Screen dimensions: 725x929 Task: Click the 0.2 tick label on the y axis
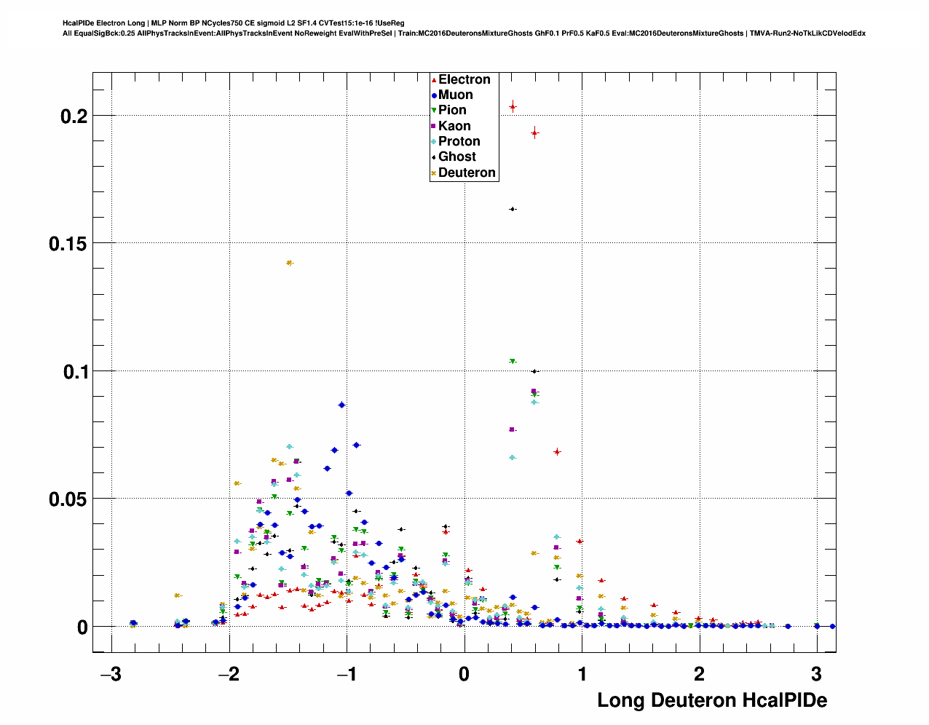(74, 116)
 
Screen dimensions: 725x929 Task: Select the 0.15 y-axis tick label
(68, 244)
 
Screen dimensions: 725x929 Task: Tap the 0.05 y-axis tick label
(68, 499)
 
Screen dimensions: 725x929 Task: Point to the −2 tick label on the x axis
(229, 674)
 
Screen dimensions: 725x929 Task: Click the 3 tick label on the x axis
(816, 674)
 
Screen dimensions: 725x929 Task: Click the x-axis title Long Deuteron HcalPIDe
(711, 700)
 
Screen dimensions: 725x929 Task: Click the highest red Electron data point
(513, 107)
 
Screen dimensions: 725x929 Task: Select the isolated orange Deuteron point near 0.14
(290, 263)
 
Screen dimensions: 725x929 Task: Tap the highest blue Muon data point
(341, 405)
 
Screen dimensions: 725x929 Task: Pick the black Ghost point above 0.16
(513, 209)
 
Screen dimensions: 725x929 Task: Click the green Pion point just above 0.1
(513, 361)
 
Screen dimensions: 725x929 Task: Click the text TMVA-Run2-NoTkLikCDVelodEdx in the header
(809, 33)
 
